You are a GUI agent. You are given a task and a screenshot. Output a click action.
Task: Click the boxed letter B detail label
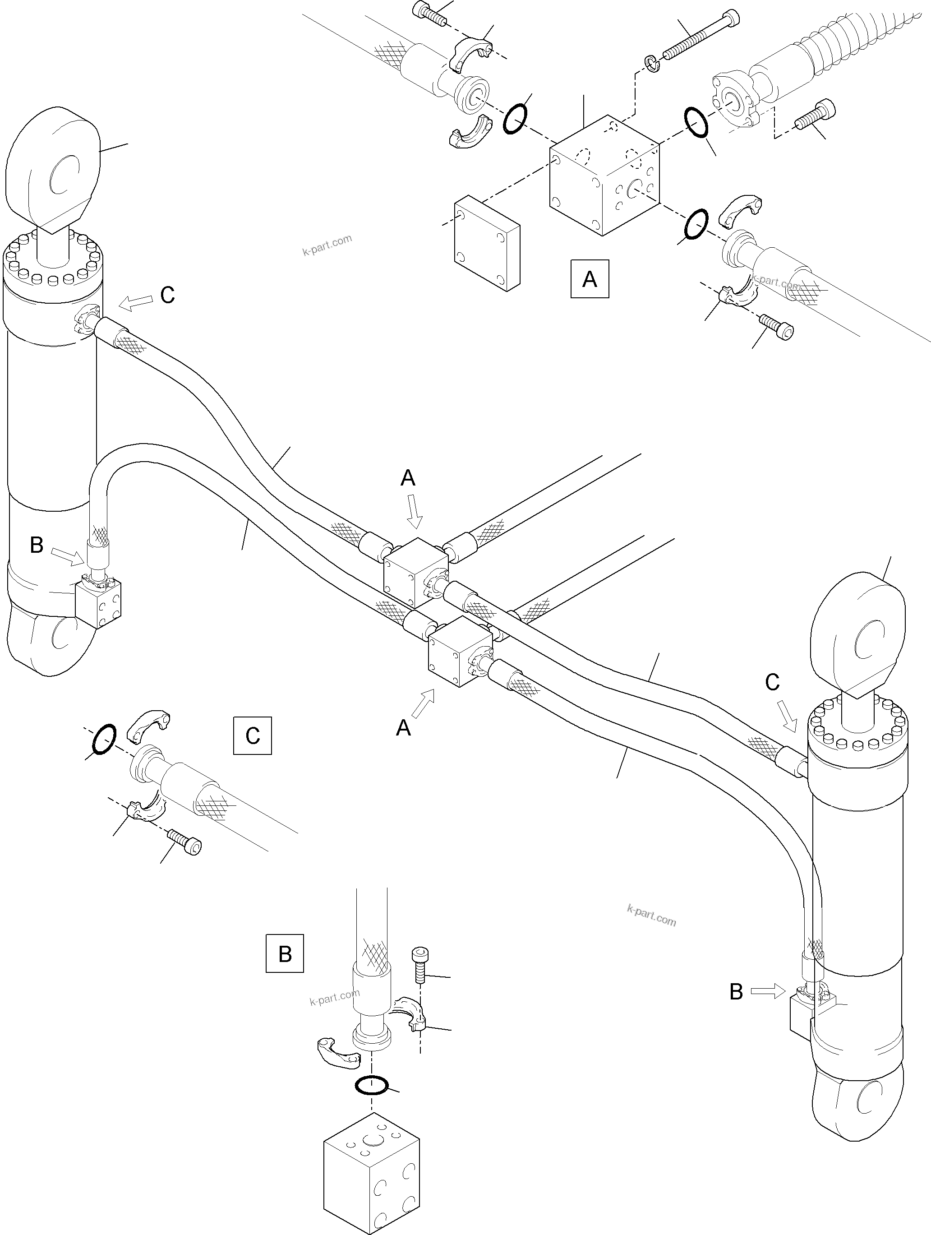[285, 953]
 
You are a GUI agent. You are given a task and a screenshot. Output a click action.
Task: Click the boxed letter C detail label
[252, 735]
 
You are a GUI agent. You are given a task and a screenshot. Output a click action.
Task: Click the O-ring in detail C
[103, 739]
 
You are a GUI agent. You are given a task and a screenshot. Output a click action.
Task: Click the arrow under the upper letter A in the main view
[414, 511]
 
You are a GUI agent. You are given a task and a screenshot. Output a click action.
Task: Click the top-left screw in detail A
[430, 14]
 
